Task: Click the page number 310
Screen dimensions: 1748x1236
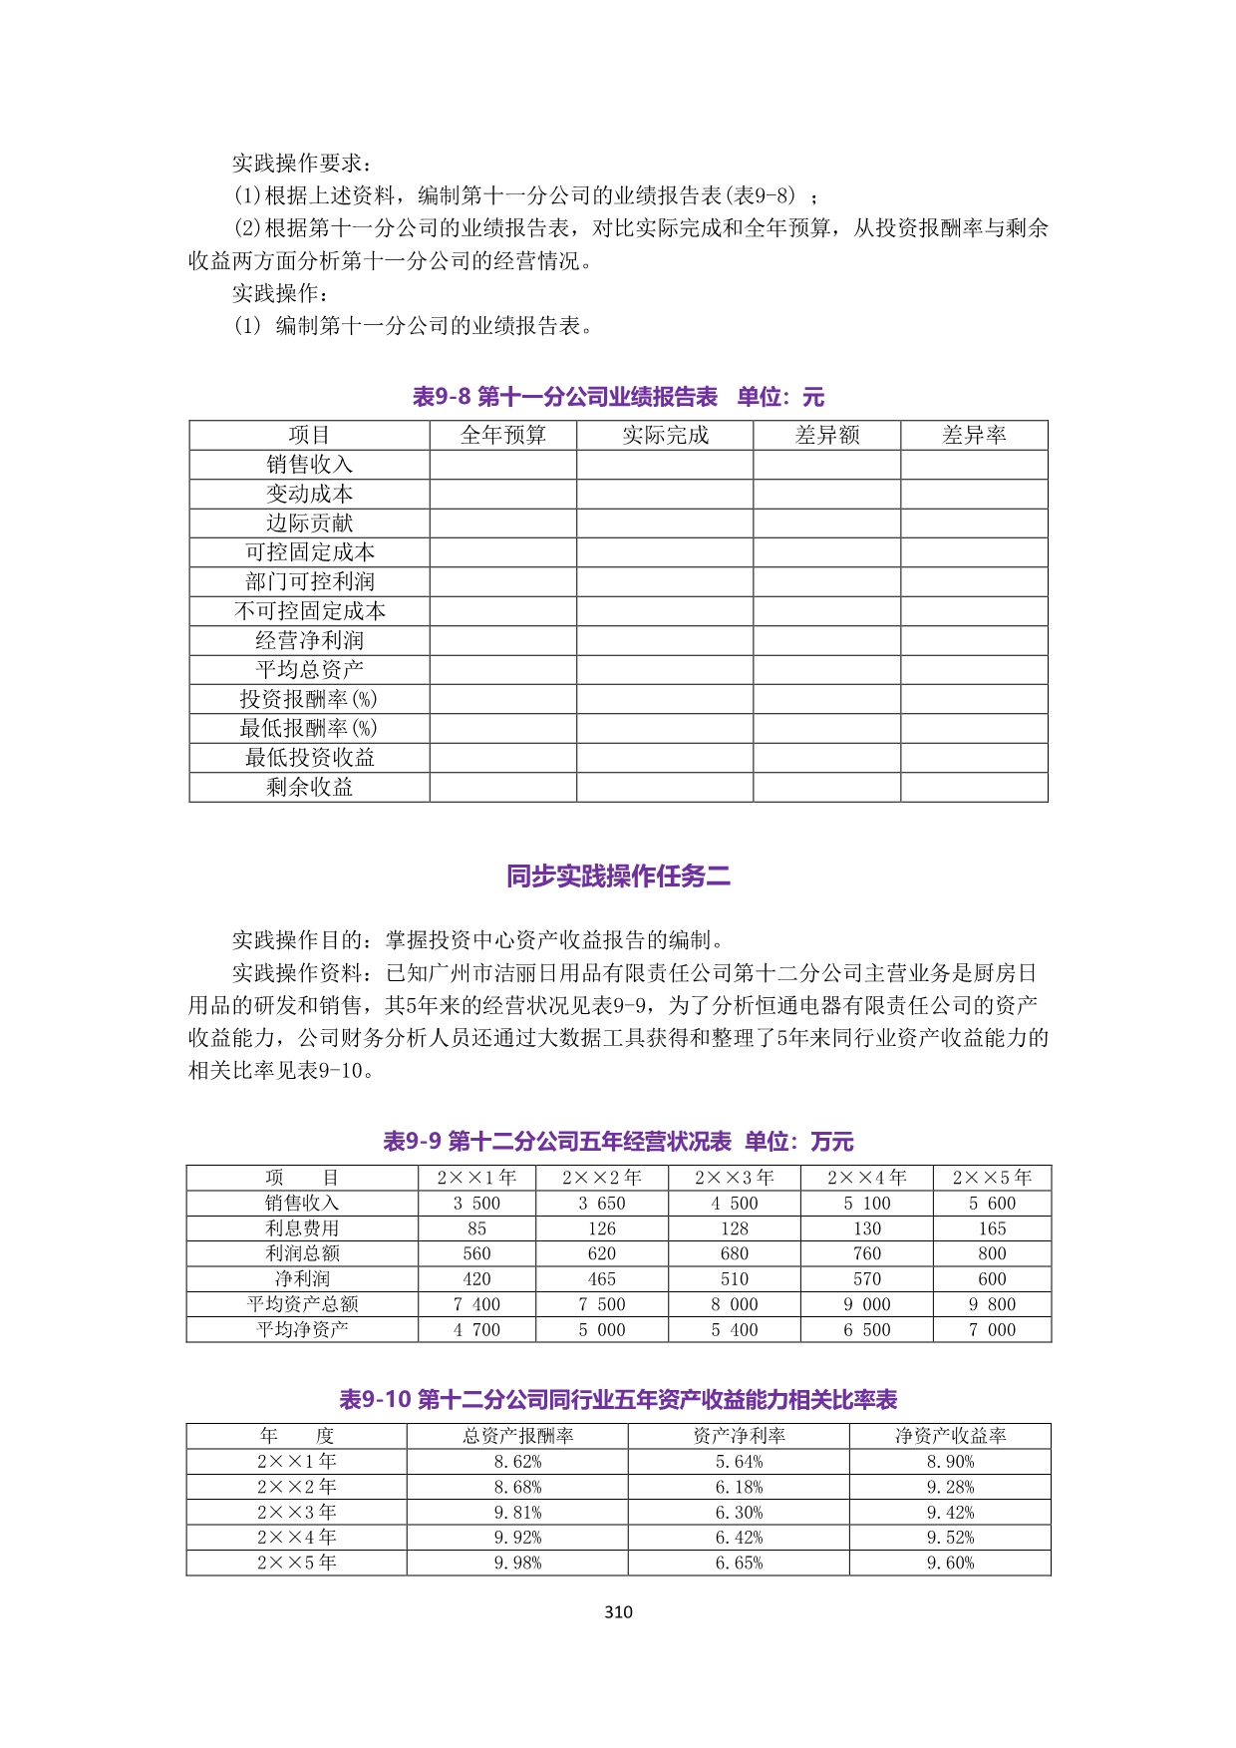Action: click(x=618, y=1611)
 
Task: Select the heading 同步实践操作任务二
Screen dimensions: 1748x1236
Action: click(x=618, y=876)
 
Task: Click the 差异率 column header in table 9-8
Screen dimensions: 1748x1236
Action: click(x=974, y=435)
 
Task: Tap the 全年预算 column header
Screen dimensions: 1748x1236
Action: click(x=503, y=435)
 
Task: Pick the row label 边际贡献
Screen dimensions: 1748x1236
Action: click(x=309, y=523)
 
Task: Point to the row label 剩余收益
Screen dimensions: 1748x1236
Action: click(x=309, y=787)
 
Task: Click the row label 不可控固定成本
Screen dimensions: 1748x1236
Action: click(x=309, y=610)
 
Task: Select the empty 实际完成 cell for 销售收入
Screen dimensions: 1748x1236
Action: click(x=665, y=465)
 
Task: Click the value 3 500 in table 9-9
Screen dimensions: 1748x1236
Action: click(x=476, y=1204)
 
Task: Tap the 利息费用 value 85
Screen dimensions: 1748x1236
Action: click(x=476, y=1228)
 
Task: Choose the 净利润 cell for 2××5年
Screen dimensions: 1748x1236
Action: click(x=992, y=1278)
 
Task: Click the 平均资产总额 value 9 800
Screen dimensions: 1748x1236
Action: click(x=992, y=1304)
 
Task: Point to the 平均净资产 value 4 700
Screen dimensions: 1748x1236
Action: click(x=476, y=1329)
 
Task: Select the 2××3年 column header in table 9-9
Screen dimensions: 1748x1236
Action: click(x=735, y=1178)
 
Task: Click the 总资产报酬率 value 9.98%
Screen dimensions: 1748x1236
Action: click(x=517, y=1563)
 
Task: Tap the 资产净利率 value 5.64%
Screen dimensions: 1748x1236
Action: click(x=739, y=1462)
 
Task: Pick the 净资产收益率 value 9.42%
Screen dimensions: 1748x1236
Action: click(x=950, y=1512)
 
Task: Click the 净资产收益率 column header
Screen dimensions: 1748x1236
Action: click(x=950, y=1436)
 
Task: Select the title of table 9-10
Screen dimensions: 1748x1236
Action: click(x=618, y=1399)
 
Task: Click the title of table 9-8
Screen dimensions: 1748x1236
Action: click(x=618, y=397)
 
